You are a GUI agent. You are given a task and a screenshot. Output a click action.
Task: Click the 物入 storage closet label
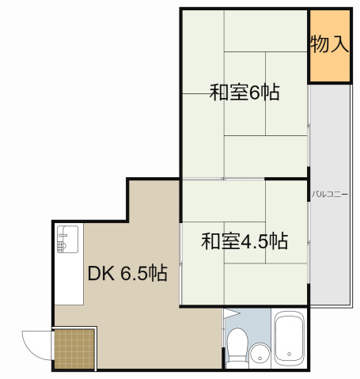pos(329,44)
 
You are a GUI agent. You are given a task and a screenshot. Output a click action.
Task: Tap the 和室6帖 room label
pos(244,93)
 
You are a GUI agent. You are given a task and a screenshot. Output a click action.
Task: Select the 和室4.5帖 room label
pos(244,240)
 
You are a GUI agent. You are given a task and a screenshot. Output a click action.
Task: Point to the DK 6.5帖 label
pos(127,274)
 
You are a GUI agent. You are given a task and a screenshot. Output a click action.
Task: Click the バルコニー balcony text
pos(329,193)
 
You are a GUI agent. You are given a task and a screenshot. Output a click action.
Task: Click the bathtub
pos(288,340)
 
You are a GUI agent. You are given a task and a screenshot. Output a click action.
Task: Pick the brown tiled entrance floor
pos(74,349)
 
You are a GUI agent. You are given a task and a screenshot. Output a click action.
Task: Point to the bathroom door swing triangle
pos(233,314)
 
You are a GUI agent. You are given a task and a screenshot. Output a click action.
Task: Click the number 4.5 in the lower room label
pos(255,240)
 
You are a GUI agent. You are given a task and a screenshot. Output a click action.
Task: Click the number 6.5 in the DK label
pos(134,274)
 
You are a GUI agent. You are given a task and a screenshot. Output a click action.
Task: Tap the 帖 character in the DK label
pos(157,274)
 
